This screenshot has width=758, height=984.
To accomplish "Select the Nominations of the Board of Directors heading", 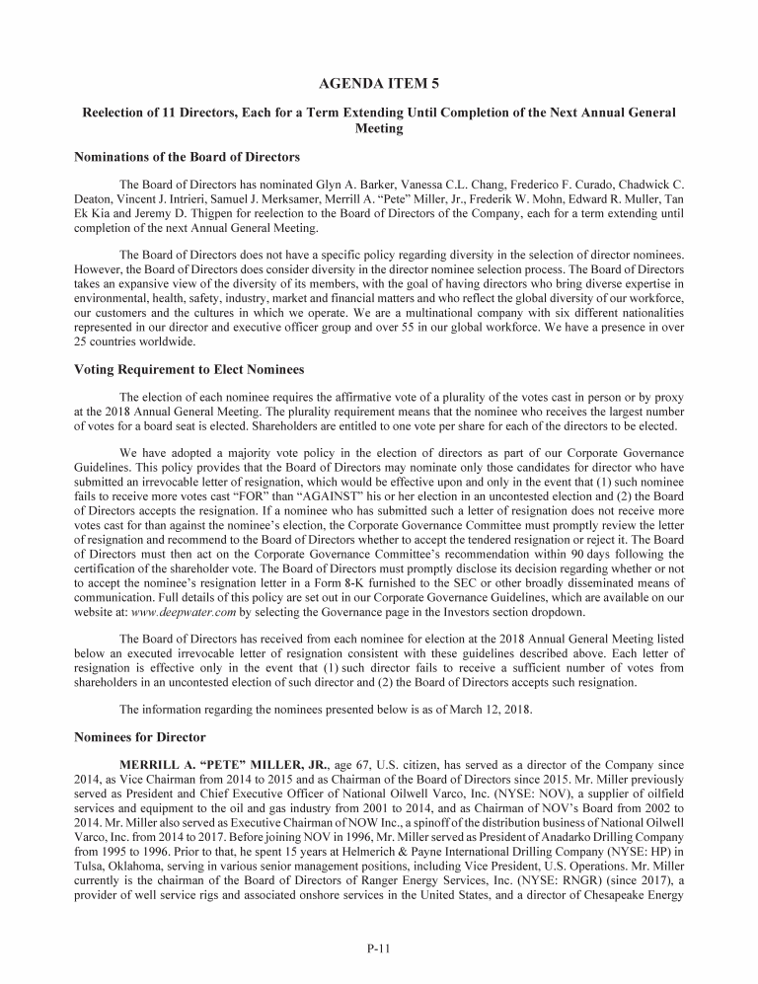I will pos(188,157).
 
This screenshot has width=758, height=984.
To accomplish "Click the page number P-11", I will pos(378,949).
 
